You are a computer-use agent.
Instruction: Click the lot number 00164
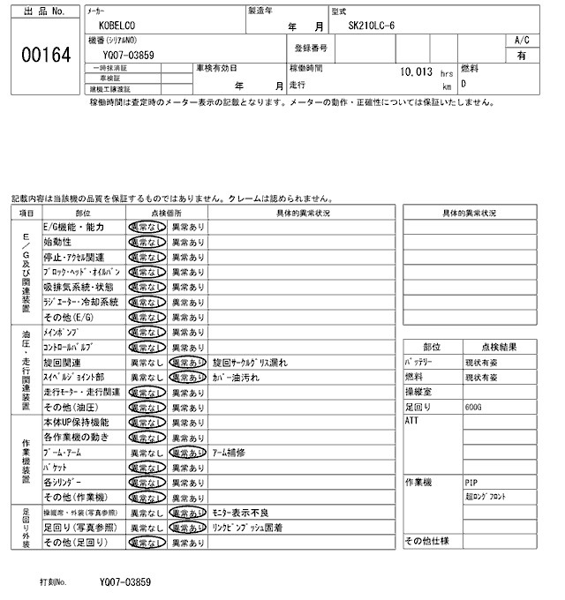[44, 54]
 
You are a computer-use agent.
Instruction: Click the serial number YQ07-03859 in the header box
[129, 55]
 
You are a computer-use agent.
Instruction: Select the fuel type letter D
[464, 85]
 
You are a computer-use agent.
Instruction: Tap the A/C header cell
[522, 41]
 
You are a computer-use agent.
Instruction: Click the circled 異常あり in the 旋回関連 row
[188, 362]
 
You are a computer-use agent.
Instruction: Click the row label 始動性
[57, 242]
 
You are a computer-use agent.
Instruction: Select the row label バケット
[56, 467]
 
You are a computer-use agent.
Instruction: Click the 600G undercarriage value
[475, 408]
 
